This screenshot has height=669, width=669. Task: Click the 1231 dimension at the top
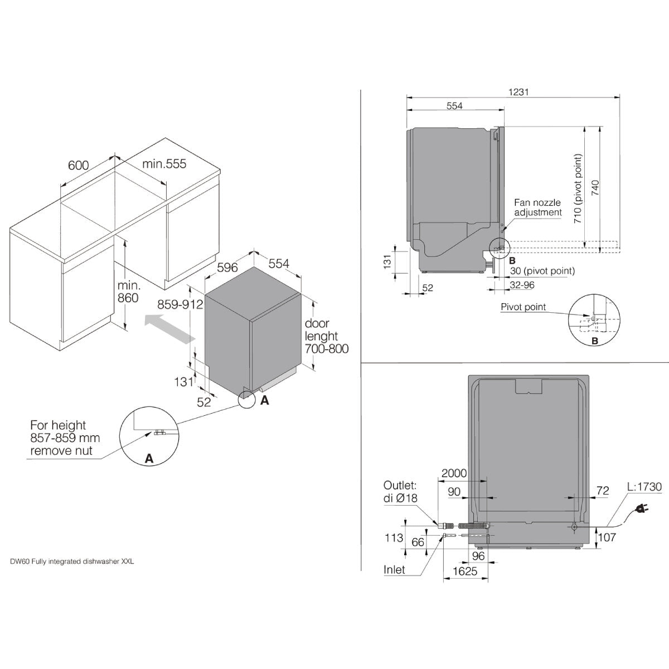[518, 92]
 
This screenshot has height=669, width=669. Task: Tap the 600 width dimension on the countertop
[79, 165]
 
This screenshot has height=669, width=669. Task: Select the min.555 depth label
[164, 163]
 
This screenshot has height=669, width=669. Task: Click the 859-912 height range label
[180, 304]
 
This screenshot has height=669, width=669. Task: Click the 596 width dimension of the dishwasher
[227, 268]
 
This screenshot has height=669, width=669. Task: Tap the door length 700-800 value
[327, 348]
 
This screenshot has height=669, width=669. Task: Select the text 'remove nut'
[61, 450]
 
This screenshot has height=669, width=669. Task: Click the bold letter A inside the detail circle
[149, 459]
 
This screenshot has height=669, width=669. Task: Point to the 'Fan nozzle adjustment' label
[538, 207]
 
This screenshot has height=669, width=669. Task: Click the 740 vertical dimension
[595, 187]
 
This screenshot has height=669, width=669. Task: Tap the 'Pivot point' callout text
[523, 307]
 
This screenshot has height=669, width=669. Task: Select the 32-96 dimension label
[522, 285]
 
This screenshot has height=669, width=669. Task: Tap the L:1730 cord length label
[644, 487]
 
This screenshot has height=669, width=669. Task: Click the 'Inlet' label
[394, 570]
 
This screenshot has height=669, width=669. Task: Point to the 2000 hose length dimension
[454, 473]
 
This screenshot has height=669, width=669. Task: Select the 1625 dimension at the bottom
[465, 571]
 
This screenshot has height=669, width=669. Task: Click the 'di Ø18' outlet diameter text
[400, 498]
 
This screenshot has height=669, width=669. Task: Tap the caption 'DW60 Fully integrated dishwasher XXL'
[72, 561]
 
